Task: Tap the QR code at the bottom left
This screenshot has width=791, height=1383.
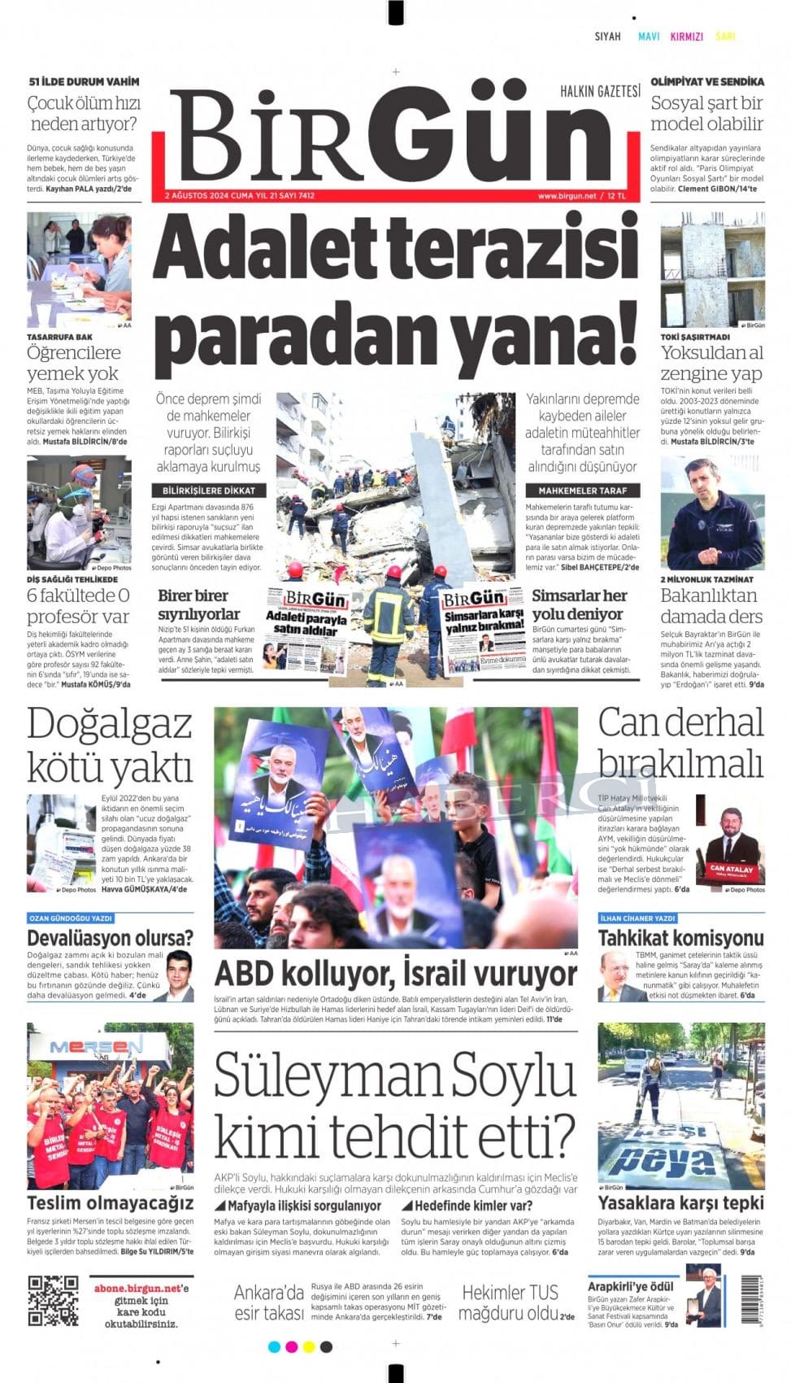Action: [x=53, y=1299]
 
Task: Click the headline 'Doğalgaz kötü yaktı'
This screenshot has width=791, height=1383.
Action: [x=110, y=744]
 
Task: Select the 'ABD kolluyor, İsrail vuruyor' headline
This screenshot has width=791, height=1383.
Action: [x=395, y=974]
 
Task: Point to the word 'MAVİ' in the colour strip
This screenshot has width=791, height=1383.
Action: [x=649, y=37]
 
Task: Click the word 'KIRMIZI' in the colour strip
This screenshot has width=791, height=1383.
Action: [x=686, y=37]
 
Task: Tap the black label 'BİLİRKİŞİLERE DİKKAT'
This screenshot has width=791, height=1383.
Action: [x=209, y=491]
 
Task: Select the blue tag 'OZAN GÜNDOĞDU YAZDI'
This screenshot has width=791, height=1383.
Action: [x=71, y=918]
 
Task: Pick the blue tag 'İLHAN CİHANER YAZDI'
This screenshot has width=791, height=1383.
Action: [x=637, y=918]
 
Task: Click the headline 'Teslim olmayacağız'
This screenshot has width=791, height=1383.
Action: [x=111, y=1203]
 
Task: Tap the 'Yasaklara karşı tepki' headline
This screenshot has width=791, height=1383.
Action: [x=680, y=1203]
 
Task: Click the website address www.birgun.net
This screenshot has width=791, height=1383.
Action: [x=567, y=196]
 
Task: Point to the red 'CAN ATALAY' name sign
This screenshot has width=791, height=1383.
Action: [x=732, y=869]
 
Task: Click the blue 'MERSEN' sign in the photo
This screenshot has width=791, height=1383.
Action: [x=85, y=1046]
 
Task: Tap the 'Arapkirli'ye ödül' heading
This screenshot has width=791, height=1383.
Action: [x=631, y=1286]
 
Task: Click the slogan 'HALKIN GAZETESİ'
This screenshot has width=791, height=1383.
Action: [x=600, y=91]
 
